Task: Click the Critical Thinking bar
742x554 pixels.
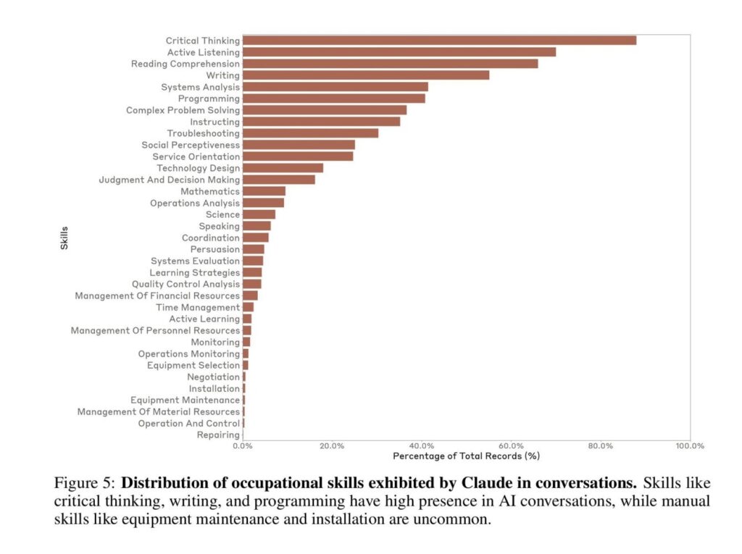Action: point(439,41)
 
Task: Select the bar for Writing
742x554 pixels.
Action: point(366,75)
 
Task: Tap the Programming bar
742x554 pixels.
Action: point(334,98)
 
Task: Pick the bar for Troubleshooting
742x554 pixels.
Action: point(310,133)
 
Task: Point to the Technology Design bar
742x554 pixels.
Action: point(283,168)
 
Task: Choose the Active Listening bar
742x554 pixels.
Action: point(399,52)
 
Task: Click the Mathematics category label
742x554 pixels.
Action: point(210,191)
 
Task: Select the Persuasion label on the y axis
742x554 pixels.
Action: point(215,249)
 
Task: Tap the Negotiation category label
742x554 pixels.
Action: point(213,377)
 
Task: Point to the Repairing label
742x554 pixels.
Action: point(218,435)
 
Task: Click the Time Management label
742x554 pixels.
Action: point(198,307)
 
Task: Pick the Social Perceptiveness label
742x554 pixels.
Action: point(191,145)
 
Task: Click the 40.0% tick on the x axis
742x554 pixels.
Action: point(422,446)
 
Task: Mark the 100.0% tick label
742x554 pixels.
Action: point(689,446)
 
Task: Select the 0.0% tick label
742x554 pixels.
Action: point(243,446)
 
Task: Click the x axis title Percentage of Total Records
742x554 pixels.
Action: point(466,456)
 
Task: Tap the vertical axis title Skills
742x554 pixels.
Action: point(64,238)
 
